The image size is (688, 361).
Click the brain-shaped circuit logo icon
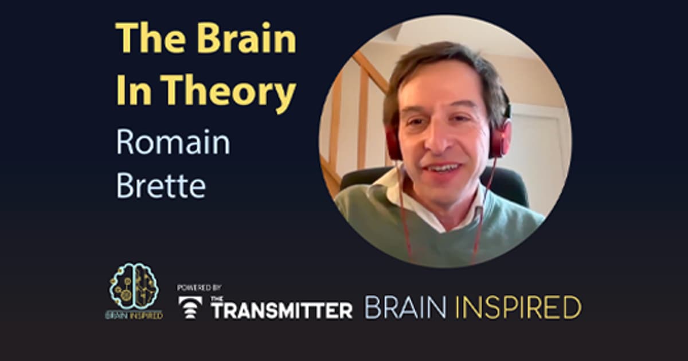click(x=134, y=286)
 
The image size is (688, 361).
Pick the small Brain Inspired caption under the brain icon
click(x=134, y=315)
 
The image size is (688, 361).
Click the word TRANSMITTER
click(x=282, y=310)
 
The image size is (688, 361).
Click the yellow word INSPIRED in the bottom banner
click(x=518, y=308)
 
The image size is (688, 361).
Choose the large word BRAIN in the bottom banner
click(x=405, y=308)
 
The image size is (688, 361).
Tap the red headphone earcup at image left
click(x=393, y=142)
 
